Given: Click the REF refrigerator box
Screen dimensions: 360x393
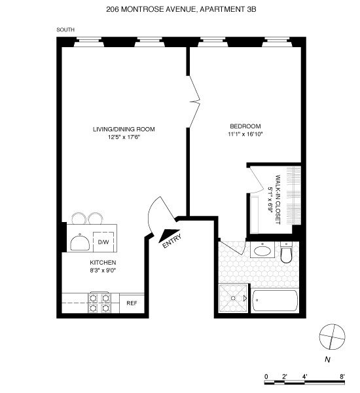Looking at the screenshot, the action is coord(132,303).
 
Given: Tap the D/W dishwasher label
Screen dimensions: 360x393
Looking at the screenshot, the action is coord(103,242).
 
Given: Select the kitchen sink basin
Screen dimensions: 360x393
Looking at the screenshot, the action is coord(80,243).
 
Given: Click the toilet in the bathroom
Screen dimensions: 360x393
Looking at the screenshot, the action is coord(286,252).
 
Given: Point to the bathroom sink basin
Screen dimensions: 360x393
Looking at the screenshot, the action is coord(262,250).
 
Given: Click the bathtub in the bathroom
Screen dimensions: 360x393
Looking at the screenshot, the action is coord(275,301).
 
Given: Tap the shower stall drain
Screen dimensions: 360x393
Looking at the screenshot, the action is coord(233,298).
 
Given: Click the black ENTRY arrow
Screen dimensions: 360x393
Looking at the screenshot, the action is coord(168,236).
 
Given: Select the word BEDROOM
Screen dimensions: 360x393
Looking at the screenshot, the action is coord(245,126).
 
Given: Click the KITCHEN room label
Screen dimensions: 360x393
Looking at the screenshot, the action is coord(103,263).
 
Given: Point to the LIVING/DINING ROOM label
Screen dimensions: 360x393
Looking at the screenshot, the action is coord(124,129).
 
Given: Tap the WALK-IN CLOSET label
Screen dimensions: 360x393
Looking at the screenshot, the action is coord(278,200).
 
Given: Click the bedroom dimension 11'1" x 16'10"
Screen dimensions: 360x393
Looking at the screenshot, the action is coord(245,134).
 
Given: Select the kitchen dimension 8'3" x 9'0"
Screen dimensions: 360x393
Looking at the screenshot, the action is coord(103,271).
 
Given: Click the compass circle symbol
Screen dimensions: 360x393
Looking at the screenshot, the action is coord(332,337).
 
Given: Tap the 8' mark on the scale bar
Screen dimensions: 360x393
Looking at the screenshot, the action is coord(342,377).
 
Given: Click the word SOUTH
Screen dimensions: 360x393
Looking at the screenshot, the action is coord(65,30).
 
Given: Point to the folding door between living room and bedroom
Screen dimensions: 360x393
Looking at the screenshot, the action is coord(194,102).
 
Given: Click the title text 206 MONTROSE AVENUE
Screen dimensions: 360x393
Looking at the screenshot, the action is coord(151,10).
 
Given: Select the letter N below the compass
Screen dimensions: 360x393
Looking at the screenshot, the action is coord(327,360).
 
